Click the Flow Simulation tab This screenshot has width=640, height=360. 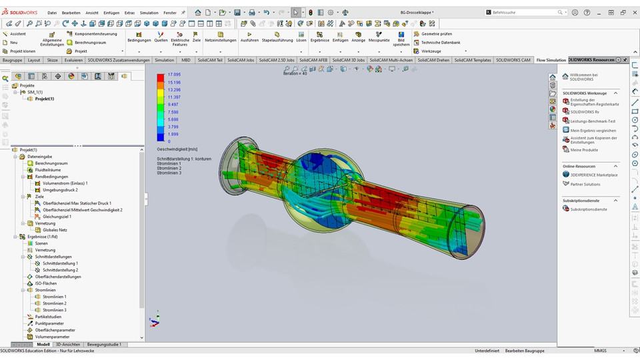coord(551,60)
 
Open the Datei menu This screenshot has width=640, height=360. coord(52,13)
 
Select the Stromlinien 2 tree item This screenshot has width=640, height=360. coord(55,303)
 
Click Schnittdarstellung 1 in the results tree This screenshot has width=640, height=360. coord(60,263)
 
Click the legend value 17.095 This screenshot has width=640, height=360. coord(173,75)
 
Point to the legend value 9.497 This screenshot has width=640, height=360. coord(173,104)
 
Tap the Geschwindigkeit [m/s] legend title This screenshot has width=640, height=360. coord(177,149)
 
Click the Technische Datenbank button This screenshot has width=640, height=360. coord(440,42)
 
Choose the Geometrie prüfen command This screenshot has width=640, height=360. coord(437,33)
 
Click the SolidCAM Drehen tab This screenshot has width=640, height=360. coord(434,60)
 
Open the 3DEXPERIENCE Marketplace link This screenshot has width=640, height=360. coord(594,175)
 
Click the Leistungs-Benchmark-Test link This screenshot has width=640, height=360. coord(593,121)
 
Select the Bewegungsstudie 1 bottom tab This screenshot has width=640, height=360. coord(104,345)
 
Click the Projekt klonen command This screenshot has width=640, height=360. coord(23,51)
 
